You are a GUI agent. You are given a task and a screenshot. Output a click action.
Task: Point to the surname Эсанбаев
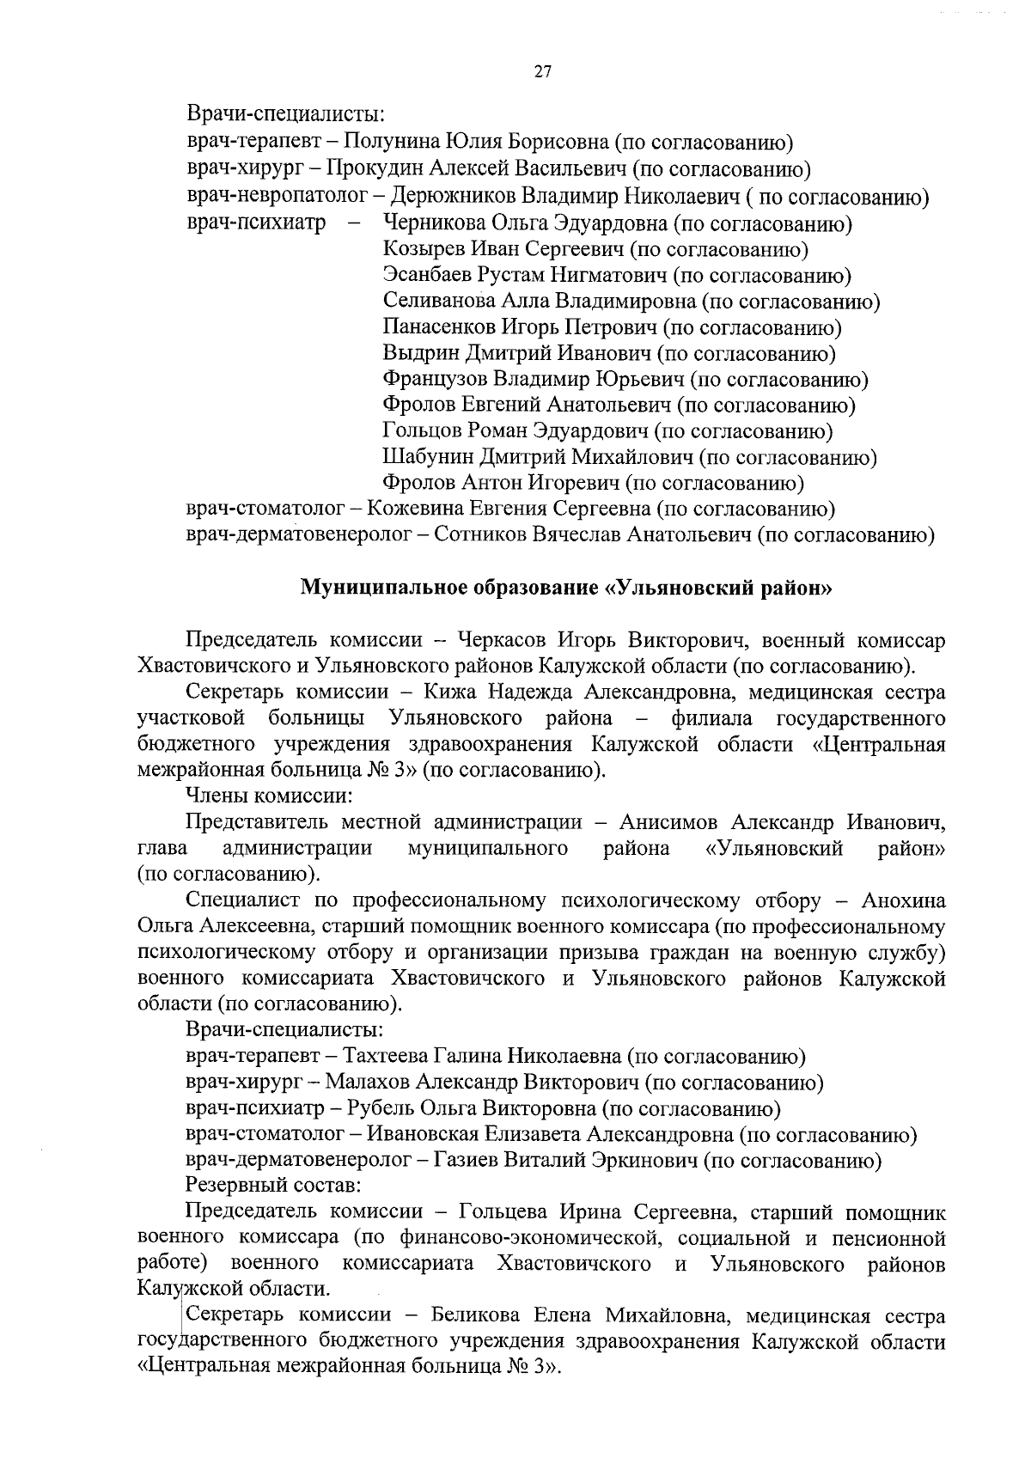click(x=424, y=276)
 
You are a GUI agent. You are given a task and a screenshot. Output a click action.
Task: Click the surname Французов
click(x=436, y=379)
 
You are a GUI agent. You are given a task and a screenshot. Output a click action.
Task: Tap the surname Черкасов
click(x=504, y=640)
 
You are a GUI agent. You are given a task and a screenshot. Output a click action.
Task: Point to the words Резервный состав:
click(x=273, y=1187)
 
